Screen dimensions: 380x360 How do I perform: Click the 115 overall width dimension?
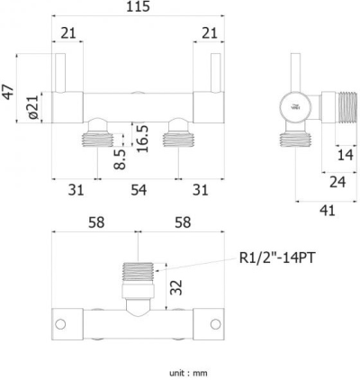coord(138,8)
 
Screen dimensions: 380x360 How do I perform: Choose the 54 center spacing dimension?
coord(138,191)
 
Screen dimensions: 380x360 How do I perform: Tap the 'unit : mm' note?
coord(188,371)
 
